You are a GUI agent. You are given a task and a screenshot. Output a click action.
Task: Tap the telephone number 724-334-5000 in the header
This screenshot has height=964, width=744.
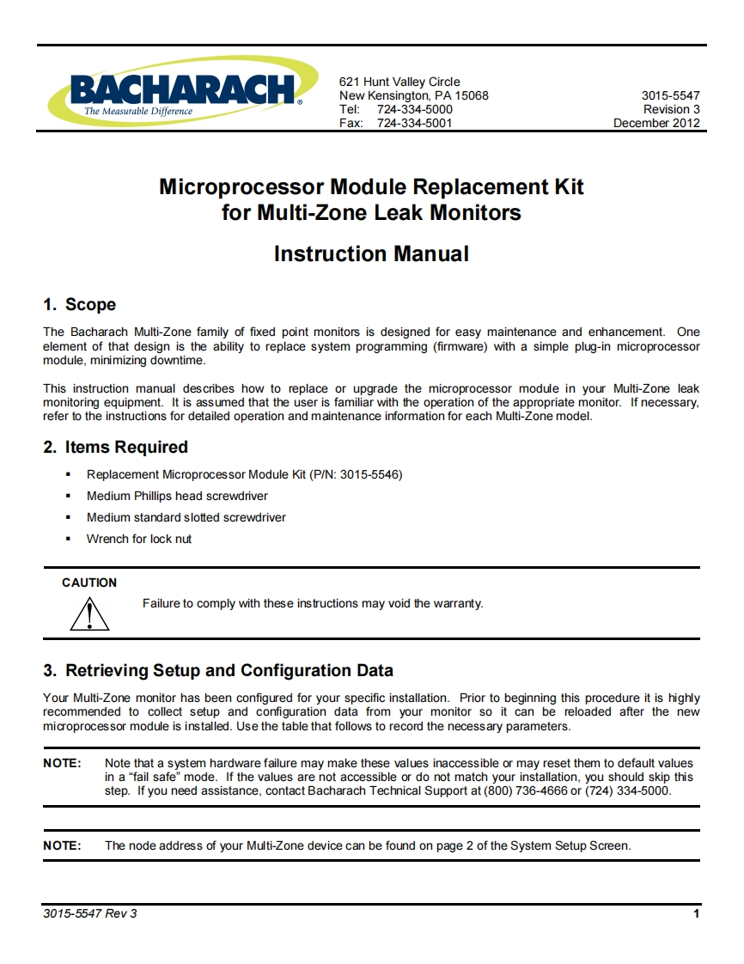click(414, 109)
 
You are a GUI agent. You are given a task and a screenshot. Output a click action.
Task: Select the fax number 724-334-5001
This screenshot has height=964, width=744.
click(414, 123)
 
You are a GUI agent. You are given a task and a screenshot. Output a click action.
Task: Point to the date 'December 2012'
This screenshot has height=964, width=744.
click(656, 123)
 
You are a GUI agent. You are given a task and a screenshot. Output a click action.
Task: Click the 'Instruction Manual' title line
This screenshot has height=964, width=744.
click(371, 254)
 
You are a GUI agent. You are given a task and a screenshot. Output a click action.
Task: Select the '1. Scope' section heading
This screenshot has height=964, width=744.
click(79, 305)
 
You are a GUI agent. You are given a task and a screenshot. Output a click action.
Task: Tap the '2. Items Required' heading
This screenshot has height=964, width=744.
click(115, 448)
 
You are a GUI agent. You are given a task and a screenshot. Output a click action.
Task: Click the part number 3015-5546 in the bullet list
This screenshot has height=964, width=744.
click(370, 474)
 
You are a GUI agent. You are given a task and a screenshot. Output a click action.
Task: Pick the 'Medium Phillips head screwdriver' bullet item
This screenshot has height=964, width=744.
click(177, 496)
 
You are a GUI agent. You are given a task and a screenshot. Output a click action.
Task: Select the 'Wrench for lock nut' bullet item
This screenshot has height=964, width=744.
click(139, 539)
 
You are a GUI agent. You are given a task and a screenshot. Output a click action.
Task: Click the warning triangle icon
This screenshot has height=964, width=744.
click(89, 613)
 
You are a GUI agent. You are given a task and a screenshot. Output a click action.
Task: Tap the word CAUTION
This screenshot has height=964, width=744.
click(89, 583)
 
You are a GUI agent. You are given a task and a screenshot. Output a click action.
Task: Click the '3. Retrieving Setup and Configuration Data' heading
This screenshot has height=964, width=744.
click(218, 670)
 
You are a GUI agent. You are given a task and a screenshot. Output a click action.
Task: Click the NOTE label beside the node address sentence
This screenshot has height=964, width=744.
click(62, 845)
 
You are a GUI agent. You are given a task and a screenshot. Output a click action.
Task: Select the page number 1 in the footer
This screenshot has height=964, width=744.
click(696, 913)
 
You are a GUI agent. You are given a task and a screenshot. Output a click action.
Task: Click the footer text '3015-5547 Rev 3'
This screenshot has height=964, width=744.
click(89, 913)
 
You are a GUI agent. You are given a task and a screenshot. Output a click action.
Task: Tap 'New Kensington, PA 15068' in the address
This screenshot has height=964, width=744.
click(413, 95)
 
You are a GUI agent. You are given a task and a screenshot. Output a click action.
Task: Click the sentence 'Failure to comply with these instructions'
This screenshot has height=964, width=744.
click(313, 603)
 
